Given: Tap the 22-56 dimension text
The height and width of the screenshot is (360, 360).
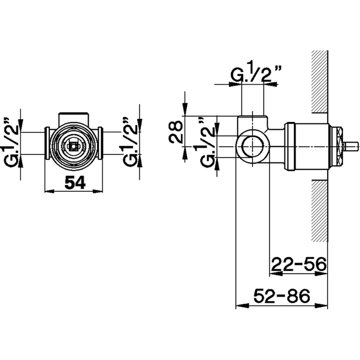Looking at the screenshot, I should click(x=299, y=264).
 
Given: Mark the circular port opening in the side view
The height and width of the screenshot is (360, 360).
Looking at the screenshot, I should click(x=252, y=146).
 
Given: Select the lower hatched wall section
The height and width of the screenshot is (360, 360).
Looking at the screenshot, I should click(x=320, y=211).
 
